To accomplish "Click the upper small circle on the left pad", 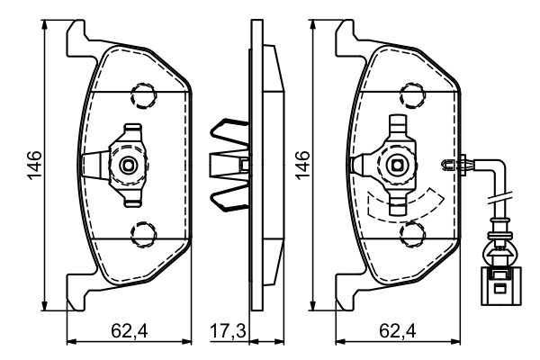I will pyautogui.click(x=141, y=94).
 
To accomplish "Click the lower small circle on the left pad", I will pyautogui.click(x=141, y=236).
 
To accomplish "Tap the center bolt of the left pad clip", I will pyautogui.click(x=130, y=165).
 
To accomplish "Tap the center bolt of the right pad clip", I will pyautogui.click(x=398, y=165).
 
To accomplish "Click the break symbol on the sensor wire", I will pyautogui.click(x=497, y=199).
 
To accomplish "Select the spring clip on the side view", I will pyautogui.click(x=227, y=165).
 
